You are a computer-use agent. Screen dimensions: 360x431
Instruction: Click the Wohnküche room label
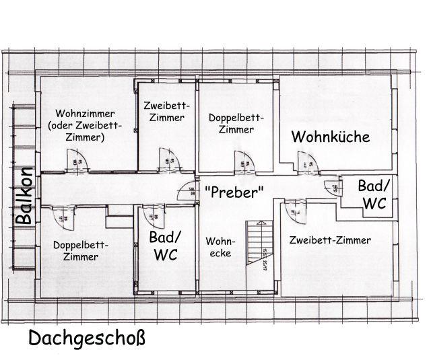pyautogui.click(x=331, y=137)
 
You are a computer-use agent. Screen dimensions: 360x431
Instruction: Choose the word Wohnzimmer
pyautogui.click(x=86, y=113)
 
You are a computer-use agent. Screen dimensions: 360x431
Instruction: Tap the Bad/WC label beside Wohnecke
pyautogui.click(x=166, y=246)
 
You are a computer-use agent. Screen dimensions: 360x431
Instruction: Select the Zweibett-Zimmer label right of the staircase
pyautogui.click(x=330, y=240)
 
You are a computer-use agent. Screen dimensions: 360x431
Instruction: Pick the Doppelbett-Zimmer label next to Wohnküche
pyautogui.click(x=236, y=123)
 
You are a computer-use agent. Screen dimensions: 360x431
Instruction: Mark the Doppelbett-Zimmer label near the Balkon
pyautogui.click(x=80, y=250)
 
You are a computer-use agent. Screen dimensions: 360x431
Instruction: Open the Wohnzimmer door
pyautogui.click(x=77, y=161)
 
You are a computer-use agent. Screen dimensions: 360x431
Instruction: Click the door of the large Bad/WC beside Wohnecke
pyautogui.click(x=154, y=215)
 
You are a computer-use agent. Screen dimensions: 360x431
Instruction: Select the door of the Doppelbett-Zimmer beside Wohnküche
pyautogui.click(x=243, y=162)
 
